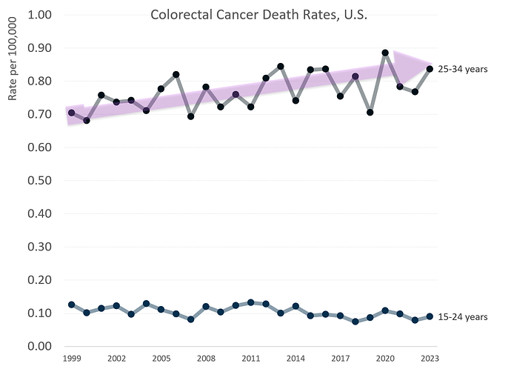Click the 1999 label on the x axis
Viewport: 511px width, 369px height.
[x=71, y=358]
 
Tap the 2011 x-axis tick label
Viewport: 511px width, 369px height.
[x=250, y=358]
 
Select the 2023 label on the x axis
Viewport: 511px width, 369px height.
[x=430, y=358]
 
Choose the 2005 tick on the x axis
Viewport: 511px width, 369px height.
[x=161, y=358]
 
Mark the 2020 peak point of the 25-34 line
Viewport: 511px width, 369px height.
[x=385, y=53]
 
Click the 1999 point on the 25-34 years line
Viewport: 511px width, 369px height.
[x=71, y=113]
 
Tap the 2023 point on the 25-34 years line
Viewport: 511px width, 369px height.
[x=430, y=69]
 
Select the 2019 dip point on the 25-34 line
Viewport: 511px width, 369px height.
[x=370, y=113]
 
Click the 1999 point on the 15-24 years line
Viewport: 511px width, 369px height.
[x=71, y=305]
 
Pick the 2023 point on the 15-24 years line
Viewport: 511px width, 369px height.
[x=430, y=316]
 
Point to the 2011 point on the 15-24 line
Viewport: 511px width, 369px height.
[x=250, y=302]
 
